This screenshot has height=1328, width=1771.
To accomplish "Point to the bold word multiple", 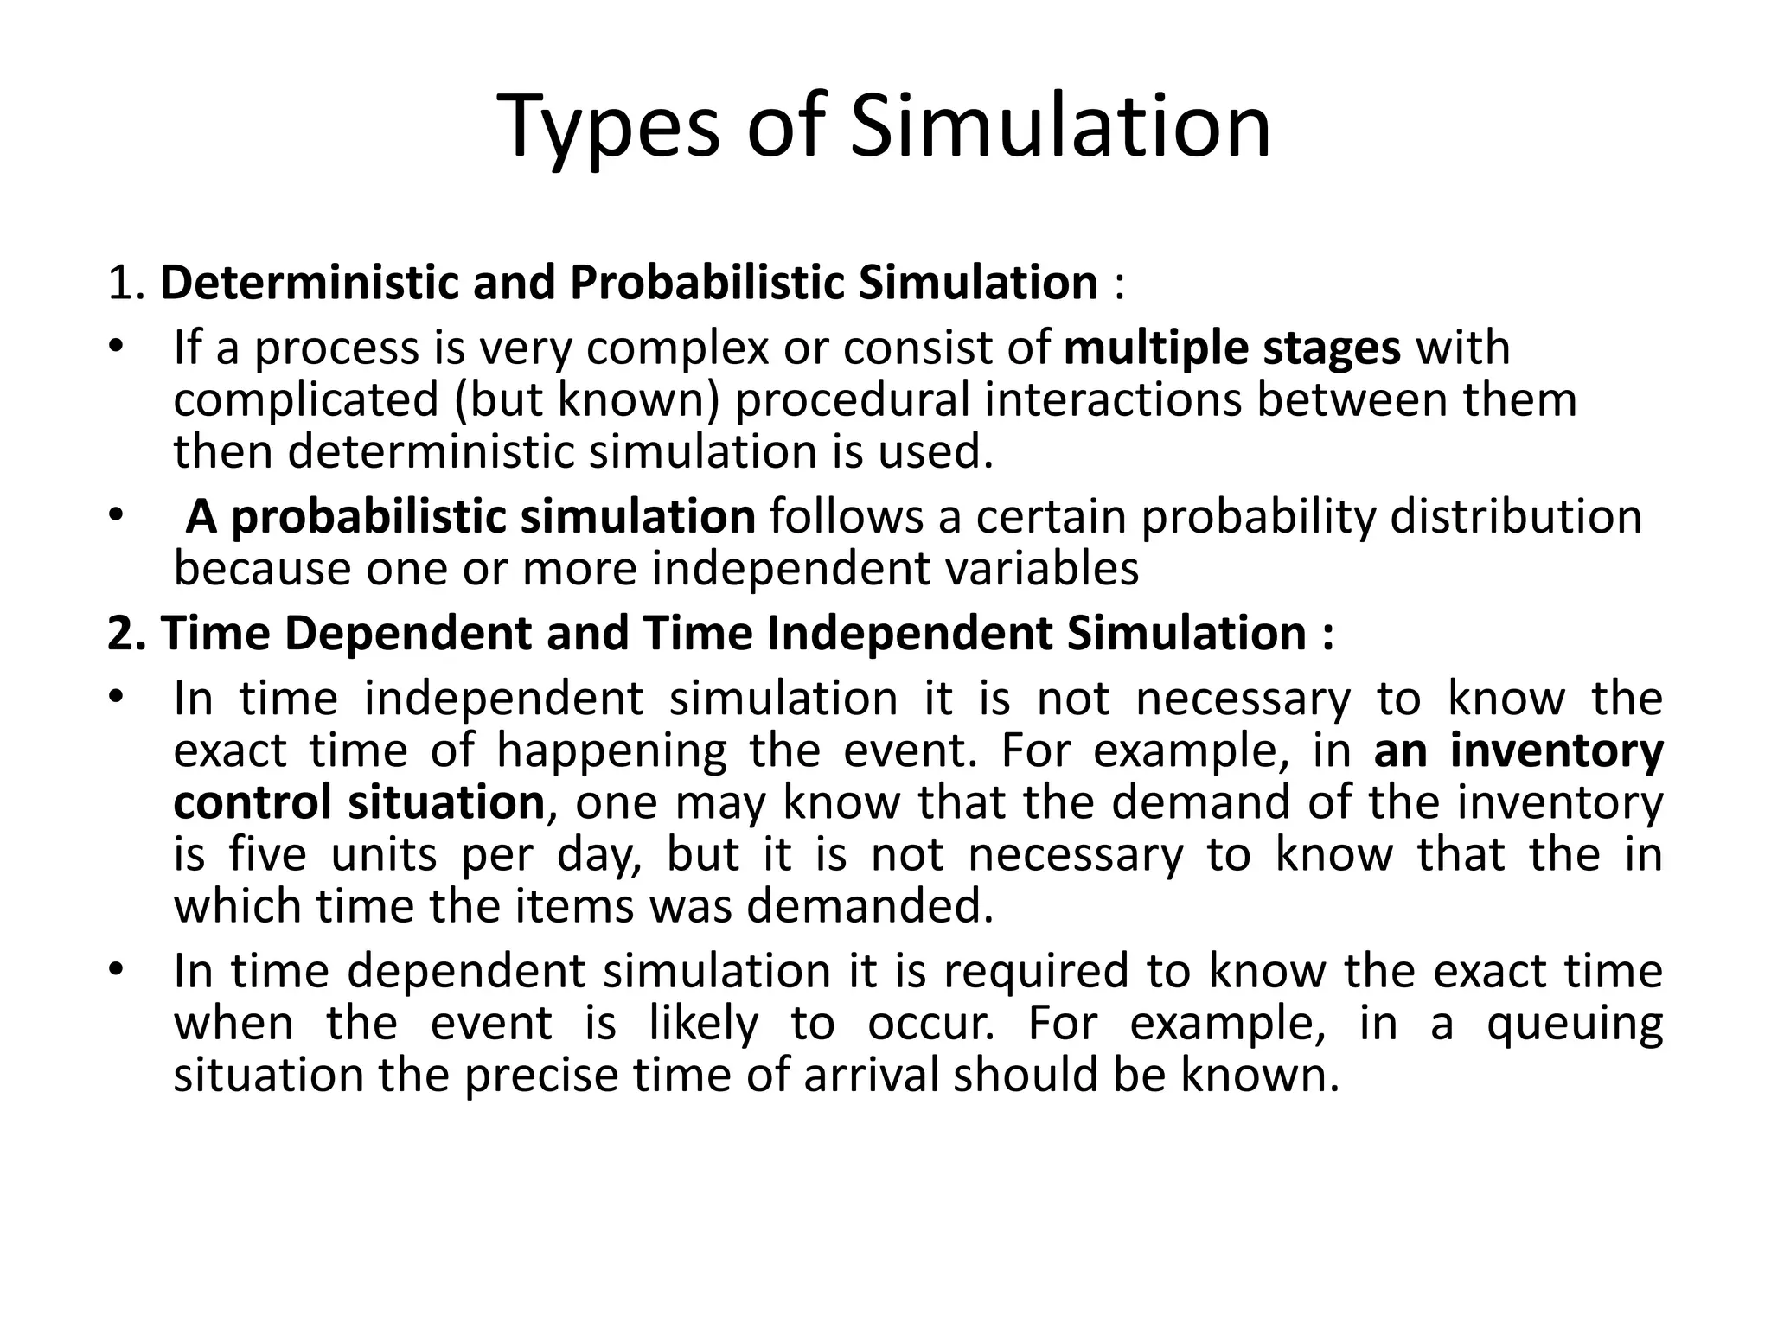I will pyautogui.click(x=1155, y=349).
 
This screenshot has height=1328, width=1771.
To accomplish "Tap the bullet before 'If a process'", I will pyautogui.click(x=118, y=348).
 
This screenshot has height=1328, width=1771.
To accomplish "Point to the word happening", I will pyautogui.click(x=611, y=751).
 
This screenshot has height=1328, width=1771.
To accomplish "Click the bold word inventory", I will pyautogui.click(x=1556, y=751).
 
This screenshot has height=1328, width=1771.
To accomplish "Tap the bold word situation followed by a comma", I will pyautogui.click(x=446, y=803).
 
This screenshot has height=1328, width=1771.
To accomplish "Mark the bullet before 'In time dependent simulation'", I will pyautogui.click(x=118, y=970).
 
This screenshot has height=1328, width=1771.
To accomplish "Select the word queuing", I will pyautogui.click(x=1574, y=1025).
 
